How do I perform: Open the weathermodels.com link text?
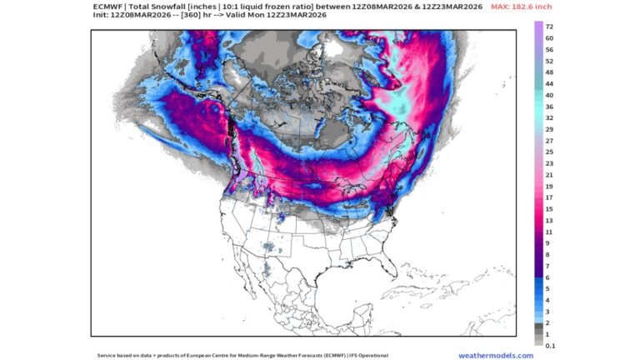496,355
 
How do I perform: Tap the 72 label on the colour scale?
549,27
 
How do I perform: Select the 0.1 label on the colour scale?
550,345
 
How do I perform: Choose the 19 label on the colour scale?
549,187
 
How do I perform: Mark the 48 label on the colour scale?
549,72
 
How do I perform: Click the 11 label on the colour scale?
549,232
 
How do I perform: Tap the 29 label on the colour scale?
549,130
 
